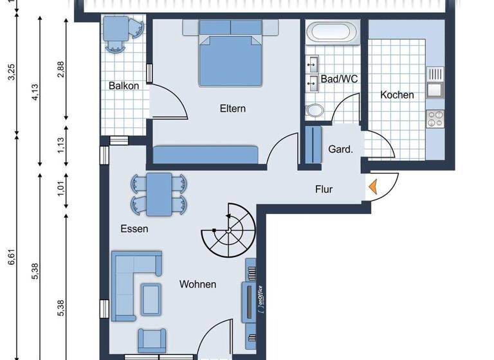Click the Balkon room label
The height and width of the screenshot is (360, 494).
123,85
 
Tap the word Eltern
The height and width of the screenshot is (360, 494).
232,108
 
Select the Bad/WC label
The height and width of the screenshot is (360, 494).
340,79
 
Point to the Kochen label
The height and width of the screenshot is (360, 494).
397,94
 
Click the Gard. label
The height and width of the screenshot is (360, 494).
340,149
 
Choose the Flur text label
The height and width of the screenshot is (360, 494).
324,189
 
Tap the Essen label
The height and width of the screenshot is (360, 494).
134,228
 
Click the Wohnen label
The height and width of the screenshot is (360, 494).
197,284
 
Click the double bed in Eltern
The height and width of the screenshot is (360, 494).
230,55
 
